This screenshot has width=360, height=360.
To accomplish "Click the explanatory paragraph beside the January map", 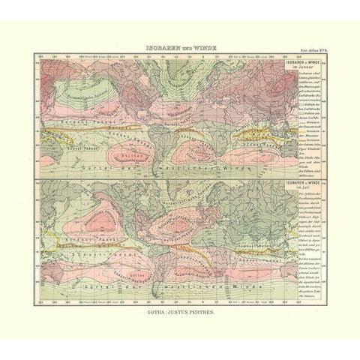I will [x=304, y=112].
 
